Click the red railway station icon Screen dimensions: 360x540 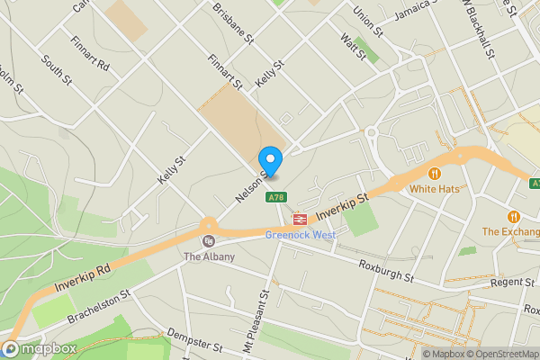pos(299,218)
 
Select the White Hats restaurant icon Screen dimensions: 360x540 pos(434,174)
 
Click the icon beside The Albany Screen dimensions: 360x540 pos(209,241)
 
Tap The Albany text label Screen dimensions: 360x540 pos(209,257)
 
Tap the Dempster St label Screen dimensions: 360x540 pos(194,345)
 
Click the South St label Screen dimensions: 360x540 pos(55,71)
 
